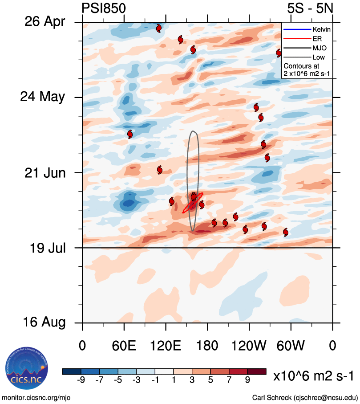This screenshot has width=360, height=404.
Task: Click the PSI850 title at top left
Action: [104, 8]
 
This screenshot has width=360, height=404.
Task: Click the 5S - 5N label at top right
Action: [310, 8]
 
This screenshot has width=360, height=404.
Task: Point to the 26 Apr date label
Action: [43, 22]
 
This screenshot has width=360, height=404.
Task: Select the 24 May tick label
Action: [43, 97]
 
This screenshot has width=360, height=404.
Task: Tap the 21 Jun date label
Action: [44, 172]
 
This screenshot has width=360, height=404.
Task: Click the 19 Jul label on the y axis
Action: [45, 248]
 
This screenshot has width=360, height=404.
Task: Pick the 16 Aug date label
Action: [43, 322]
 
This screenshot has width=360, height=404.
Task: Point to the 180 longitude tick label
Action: [207, 346]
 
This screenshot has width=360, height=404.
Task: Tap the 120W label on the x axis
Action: [249, 346]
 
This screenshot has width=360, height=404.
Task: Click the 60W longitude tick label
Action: [291, 346]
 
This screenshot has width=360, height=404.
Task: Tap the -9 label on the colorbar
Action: [81, 380]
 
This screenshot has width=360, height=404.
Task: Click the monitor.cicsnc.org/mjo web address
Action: [36, 397]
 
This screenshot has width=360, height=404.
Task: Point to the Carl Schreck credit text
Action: [305, 397]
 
